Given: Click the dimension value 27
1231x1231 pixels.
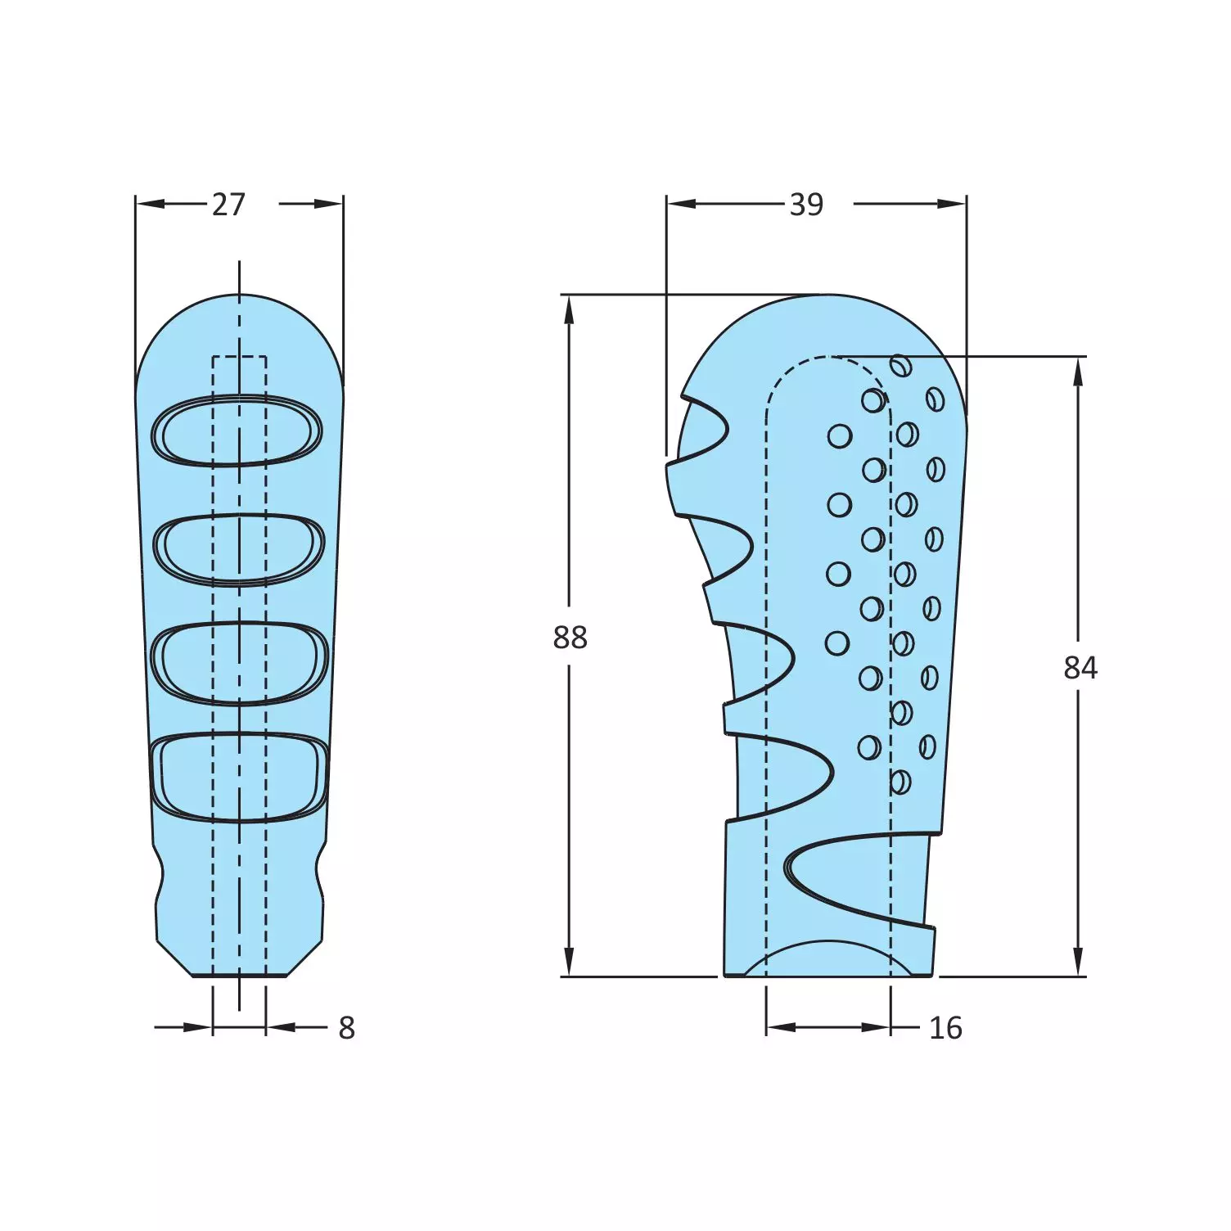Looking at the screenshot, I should pos(228,205).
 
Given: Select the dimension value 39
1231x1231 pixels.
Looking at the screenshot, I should pos(806,205).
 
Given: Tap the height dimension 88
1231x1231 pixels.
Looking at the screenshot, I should pos(570,637).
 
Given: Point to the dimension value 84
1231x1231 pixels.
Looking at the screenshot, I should pos(1080,668).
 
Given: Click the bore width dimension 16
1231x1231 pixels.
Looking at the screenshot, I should pos(945,1028).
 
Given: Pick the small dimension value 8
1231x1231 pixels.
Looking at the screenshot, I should pos(347,1028).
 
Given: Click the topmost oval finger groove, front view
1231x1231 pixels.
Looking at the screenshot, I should pos(237,431).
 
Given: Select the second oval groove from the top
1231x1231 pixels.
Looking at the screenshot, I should pos(239,549).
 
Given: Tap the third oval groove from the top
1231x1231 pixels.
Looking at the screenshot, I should pos(239,663).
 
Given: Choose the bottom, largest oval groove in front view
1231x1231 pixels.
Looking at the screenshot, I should pos(239,777).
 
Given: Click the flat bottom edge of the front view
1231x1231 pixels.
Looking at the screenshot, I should pos(239,976).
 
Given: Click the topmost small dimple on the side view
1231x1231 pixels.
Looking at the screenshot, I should pos(901,366).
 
